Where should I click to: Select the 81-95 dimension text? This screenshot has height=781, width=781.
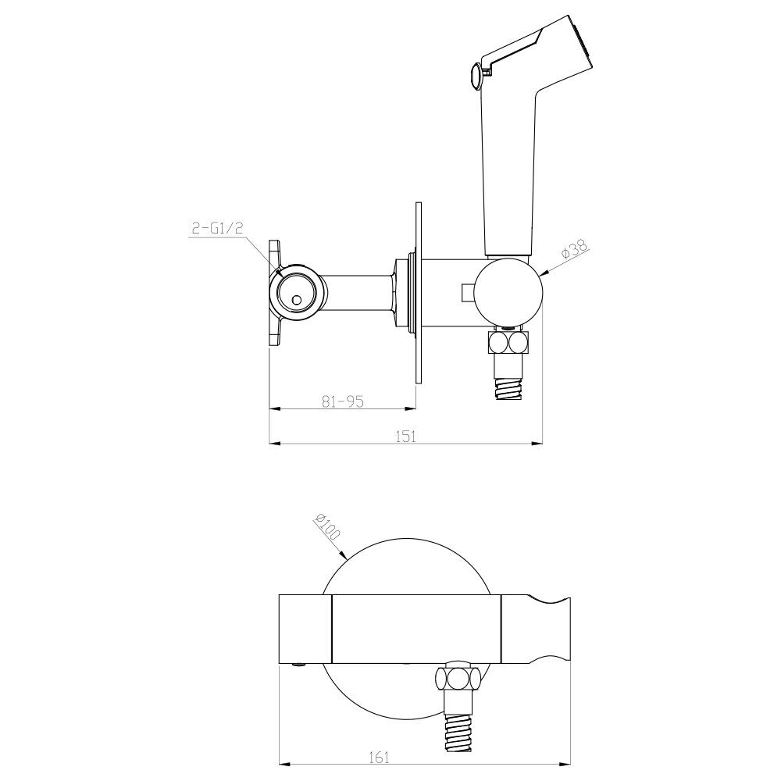tap(343, 401)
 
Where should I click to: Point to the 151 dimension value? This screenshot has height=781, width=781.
tap(405, 436)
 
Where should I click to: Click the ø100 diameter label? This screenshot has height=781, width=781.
tap(326, 526)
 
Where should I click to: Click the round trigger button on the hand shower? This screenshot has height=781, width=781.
tap(476, 76)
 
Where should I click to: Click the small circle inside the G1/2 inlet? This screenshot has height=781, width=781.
tap(297, 300)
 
